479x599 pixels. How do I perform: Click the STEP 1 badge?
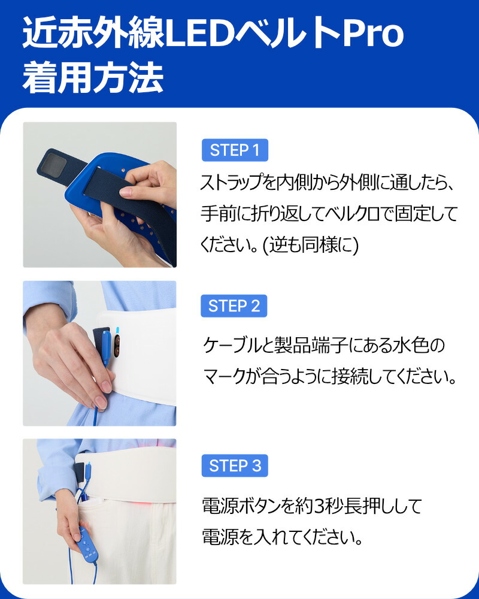point(235,150)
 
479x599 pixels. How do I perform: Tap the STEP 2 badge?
point(234,306)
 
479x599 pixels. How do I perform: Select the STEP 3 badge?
point(235,465)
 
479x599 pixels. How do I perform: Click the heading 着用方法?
point(93,78)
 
